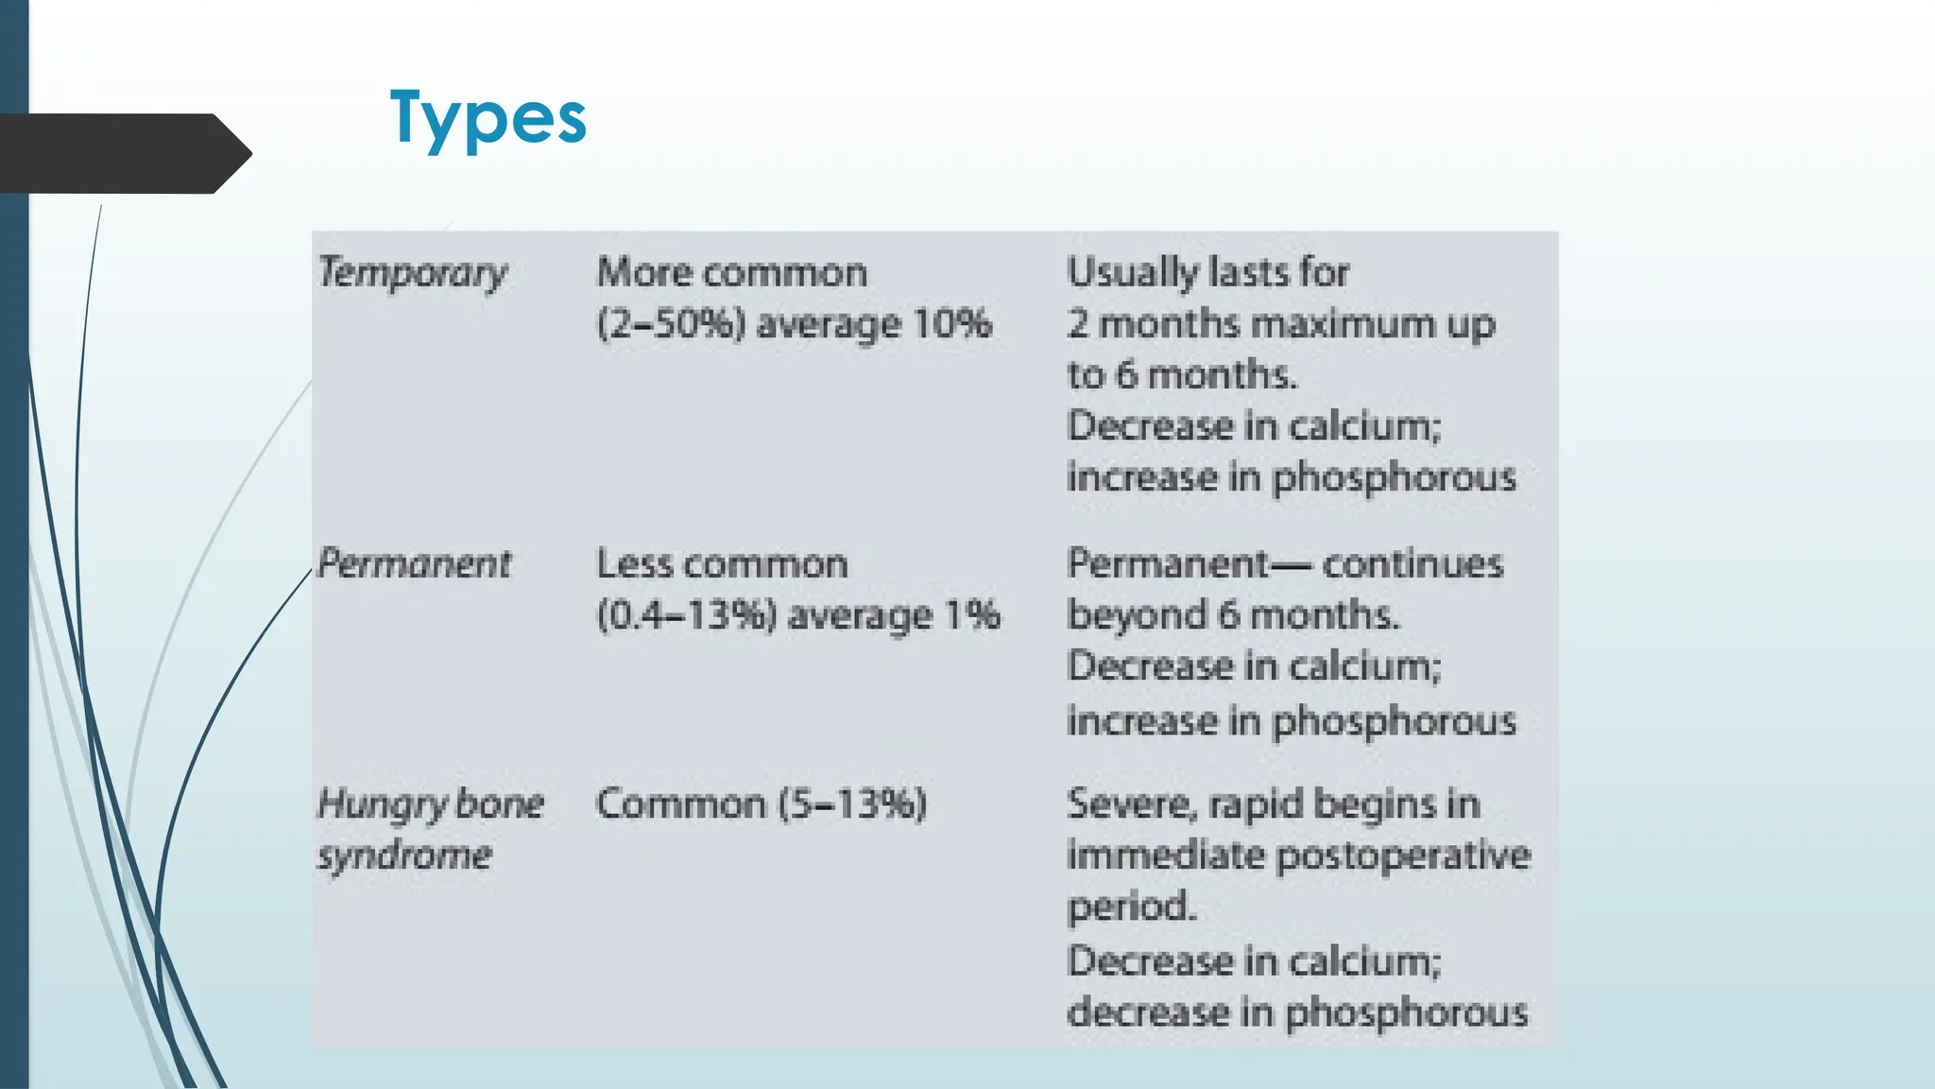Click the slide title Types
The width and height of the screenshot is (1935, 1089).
click(488, 117)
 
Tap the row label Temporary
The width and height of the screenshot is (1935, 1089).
click(413, 273)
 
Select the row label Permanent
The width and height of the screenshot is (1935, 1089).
click(414, 564)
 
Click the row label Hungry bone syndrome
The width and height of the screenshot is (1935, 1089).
click(430, 829)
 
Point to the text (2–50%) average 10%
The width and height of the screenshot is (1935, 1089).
click(794, 324)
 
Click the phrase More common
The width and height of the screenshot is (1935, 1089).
click(732, 273)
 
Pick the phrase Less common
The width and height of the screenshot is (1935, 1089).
click(723, 564)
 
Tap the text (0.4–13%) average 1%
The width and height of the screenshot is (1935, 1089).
click(797, 615)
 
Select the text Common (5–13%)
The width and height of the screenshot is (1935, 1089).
click(762, 804)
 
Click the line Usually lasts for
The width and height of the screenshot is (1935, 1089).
click(1208, 273)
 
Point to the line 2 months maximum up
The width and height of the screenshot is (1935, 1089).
click(1281, 324)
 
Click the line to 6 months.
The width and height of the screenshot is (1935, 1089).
click(1182, 375)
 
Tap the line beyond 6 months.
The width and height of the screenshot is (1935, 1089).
click(1233, 615)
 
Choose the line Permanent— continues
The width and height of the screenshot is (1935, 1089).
click(1285, 564)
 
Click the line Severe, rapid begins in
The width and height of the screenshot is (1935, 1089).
click(1274, 804)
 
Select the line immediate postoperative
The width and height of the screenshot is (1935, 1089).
click(1299, 856)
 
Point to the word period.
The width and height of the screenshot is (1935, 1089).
click(1132, 907)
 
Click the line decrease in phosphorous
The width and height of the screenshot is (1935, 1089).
click(1297, 1012)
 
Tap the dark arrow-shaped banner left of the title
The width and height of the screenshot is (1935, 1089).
click(123, 153)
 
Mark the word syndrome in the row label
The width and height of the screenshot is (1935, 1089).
click(404, 856)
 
